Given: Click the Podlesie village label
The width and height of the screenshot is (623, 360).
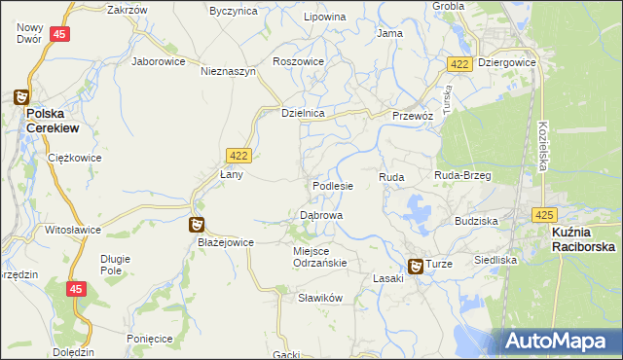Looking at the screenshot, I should tap(332, 185).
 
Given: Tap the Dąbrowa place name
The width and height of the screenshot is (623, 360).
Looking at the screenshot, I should tap(320, 214).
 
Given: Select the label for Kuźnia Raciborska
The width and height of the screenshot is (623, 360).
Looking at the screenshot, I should tap(581, 240).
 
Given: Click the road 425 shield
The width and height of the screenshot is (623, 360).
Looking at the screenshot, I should tap(543, 214).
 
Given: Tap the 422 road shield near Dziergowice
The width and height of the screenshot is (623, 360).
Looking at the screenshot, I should tap(460, 63).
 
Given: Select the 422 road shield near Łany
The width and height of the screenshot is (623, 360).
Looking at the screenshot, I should tap(238, 155).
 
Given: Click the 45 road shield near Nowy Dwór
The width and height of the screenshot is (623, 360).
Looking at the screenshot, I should tap(60, 34).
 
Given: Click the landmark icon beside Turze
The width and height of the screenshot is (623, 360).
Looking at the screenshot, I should tap(415, 265).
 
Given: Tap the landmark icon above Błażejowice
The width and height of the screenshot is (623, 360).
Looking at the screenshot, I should tap(197, 225).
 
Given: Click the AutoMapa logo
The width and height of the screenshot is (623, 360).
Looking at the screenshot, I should tap(559, 341).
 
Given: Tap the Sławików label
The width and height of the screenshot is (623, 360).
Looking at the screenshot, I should tap(322, 299).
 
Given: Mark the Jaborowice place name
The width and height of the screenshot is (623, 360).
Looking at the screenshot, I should tap(158, 59).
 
